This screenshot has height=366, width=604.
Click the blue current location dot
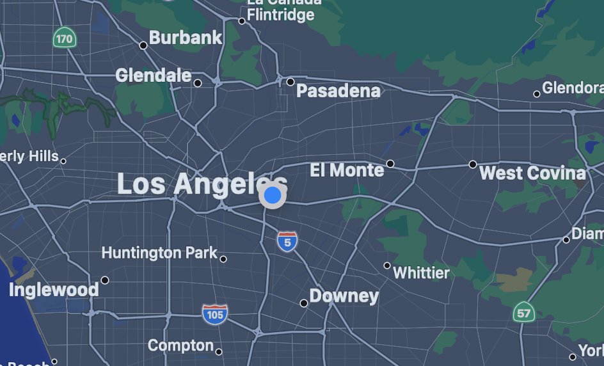[273, 195]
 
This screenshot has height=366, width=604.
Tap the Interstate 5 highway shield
[287, 242]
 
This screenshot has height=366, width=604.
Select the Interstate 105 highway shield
[215, 314]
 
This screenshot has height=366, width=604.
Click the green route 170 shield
[64, 38]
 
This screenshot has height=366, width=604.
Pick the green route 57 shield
[523, 313]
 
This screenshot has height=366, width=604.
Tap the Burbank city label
[186, 38]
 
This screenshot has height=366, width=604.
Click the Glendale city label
[154, 76]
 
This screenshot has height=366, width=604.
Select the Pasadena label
[338, 91]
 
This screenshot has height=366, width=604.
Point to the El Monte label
[347, 170]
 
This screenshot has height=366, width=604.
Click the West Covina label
[532, 173]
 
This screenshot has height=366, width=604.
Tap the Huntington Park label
[159, 253]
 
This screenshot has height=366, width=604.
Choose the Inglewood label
[54, 290]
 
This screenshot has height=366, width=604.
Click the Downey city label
[344, 296]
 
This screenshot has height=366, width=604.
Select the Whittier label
[421, 273]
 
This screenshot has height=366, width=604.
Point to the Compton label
[180, 346]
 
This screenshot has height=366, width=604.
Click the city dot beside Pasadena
[290, 82]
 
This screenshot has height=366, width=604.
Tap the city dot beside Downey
[304, 303]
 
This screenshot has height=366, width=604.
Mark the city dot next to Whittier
[386, 266]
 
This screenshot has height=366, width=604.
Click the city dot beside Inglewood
[105, 280]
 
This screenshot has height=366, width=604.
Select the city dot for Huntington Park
[223, 259]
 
